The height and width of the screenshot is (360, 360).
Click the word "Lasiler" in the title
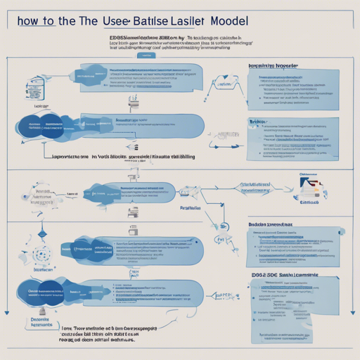[235, 21]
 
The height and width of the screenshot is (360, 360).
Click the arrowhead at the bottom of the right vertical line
[351, 311]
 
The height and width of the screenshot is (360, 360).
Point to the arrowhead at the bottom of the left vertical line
[6, 311]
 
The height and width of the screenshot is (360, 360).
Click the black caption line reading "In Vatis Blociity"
[127, 159]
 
